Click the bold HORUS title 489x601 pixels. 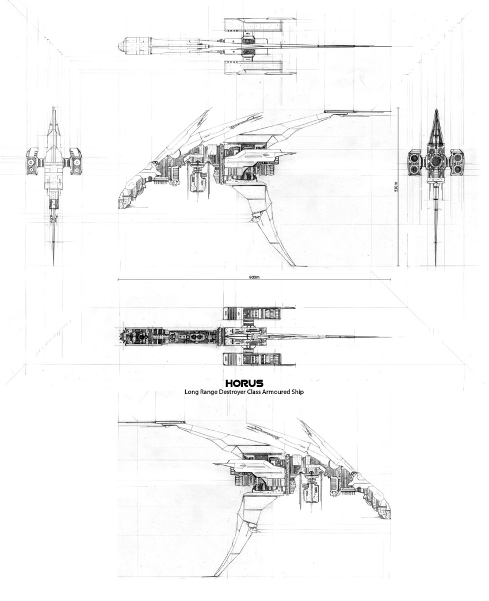click(244, 383)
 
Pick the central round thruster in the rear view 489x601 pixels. click(435, 162)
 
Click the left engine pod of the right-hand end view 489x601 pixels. click(414, 162)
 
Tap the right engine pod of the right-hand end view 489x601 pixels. click(457, 162)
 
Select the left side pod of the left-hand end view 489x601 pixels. click(32, 162)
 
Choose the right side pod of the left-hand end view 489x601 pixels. click(75, 162)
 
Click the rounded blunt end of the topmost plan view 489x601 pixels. click(121, 46)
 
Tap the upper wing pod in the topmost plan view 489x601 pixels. click(259, 24)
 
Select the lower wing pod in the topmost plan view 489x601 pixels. click(259, 68)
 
